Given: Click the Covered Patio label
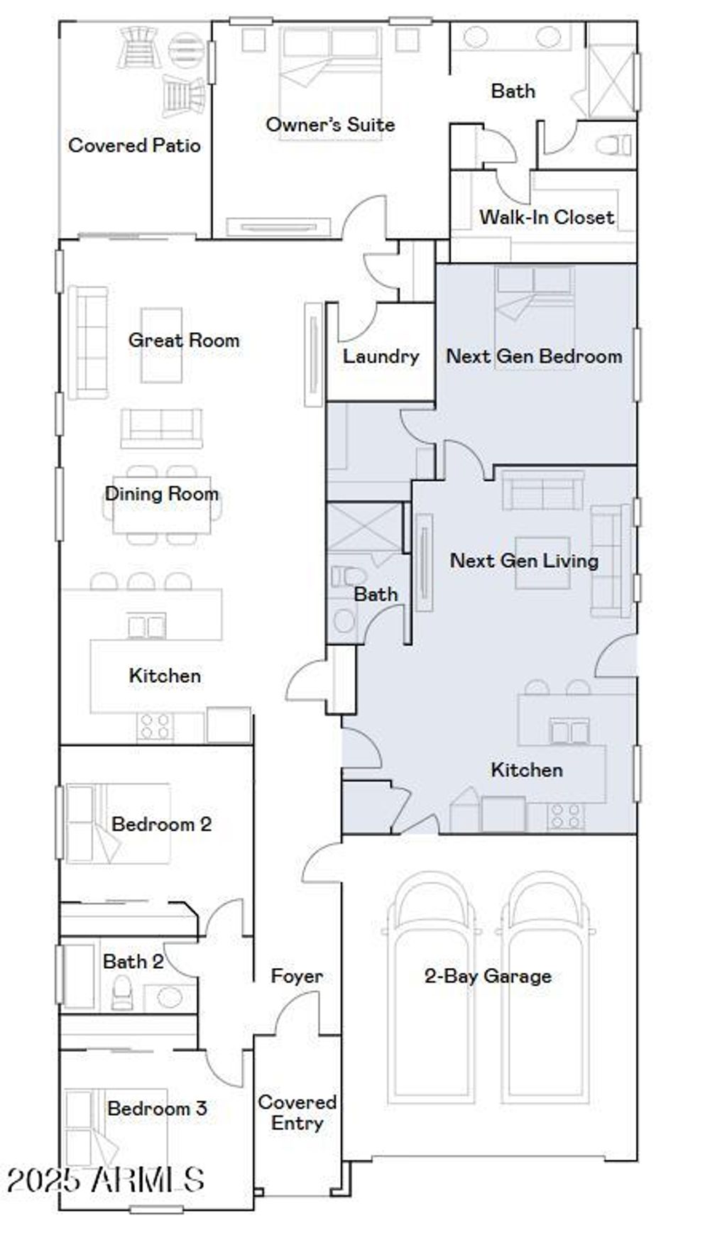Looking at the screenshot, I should [x=134, y=146].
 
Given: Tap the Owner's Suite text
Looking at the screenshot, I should [x=330, y=124].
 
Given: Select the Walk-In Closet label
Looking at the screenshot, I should [x=546, y=216].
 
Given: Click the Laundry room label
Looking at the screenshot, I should [x=381, y=356].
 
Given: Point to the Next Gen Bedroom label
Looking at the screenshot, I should [x=534, y=356].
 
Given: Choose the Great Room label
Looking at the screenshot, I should [x=183, y=340].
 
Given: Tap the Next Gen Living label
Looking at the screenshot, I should [x=524, y=560].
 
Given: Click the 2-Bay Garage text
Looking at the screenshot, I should [x=488, y=976].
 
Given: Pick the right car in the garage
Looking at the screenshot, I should [x=545, y=994].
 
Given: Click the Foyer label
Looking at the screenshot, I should [x=297, y=976].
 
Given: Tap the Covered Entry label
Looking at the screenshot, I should [x=297, y=1112].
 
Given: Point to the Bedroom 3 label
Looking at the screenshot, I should [x=157, y=1108].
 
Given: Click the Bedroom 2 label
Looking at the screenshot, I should [x=161, y=824].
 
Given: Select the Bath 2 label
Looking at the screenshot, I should [x=133, y=961].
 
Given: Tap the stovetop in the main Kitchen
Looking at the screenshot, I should [x=155, y=726].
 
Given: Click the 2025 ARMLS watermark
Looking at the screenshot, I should [x=105, y=1180].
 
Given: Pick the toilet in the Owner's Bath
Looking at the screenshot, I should [x=614, y=146].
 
